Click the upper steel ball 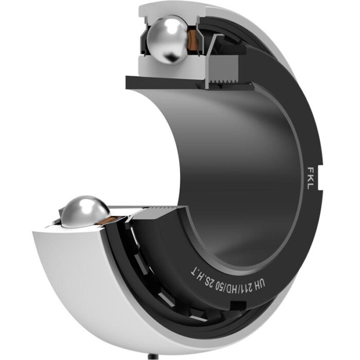[x=167, y=39]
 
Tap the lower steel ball [x=85, y=211]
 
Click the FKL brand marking [x=312, y=178]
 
